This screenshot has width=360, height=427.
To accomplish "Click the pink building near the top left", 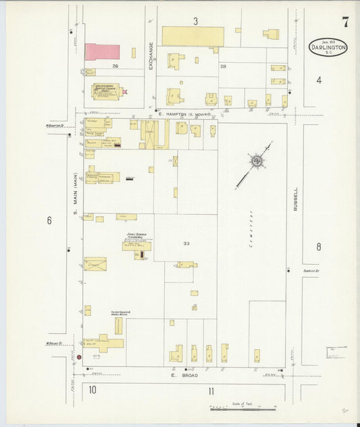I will (102, 52).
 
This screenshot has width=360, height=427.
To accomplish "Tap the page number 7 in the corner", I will (345, 22).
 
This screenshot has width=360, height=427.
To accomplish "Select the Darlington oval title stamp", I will (329, 47).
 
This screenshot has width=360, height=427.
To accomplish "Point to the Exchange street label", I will (151, 56).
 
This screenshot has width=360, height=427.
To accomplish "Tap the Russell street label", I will (295, 199).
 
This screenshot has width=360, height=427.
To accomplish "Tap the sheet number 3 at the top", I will (195, 22).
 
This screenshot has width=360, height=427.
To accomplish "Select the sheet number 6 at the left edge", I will (49, 220).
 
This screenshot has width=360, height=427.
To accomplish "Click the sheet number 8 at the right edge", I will (318, 247).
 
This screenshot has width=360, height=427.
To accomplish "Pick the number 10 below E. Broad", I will (92, 390).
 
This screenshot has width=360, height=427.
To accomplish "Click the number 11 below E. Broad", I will (211, 391).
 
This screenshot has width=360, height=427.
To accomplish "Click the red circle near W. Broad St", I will (79, 356).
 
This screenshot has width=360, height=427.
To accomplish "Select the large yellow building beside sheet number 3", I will (192, 36).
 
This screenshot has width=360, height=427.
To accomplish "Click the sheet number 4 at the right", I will (318, 80).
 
